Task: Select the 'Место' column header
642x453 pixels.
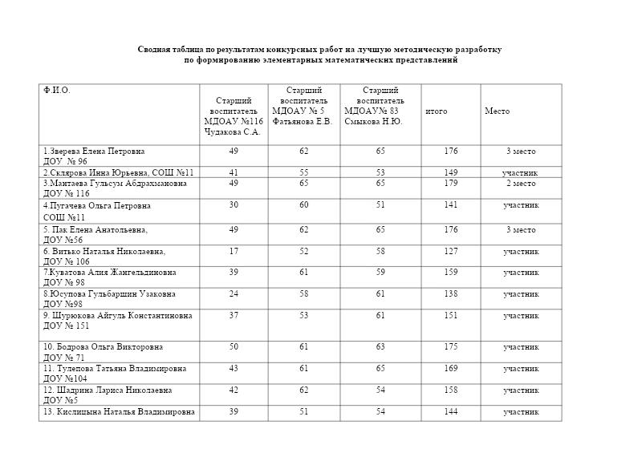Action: [x=497, y=111]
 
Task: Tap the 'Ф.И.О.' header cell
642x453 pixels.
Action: [x=57, y=90]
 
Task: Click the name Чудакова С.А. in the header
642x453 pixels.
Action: [x=232, y=131]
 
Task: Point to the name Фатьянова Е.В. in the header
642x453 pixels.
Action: [x=302, y=121]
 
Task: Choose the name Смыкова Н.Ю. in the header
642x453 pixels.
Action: [x=373, y=121]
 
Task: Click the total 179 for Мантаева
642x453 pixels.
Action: [x=450, y=184]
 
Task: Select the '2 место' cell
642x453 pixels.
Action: [x=520, y=184]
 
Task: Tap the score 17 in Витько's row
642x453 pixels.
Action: [x=234, y=252]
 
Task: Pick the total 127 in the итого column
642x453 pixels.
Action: [x=450, y=252]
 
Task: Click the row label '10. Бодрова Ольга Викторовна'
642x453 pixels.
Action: [x=104, y=347]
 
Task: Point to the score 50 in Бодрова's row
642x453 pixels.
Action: [x=234, y=347]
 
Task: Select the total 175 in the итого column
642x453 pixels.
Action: [x=450, y=347]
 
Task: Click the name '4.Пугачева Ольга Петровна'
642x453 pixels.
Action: [x=97, y=206]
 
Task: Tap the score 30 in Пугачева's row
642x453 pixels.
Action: [x=234, y=206]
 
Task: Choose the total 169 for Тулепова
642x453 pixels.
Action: [x=450, y=369]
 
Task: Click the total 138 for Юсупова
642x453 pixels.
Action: [x=450, y=294]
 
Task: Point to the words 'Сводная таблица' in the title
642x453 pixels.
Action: [x=167, y=50]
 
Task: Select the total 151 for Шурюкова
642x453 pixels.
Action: [x=450, y=316]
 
